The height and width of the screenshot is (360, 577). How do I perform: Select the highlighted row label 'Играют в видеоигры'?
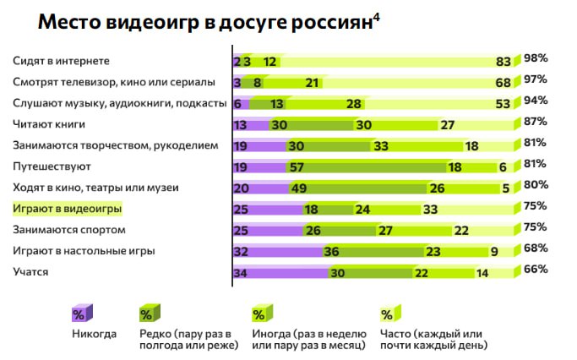pos(68,208)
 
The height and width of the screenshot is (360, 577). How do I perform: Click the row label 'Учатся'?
pos(30,271)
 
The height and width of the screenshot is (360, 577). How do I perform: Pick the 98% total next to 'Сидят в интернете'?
pos(536,58)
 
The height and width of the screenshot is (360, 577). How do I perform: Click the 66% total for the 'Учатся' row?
pos(536,270)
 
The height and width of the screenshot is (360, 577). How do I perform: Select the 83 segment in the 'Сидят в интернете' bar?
pos(504,62)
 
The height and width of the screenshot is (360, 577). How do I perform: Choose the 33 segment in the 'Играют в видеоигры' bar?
pos(431,209)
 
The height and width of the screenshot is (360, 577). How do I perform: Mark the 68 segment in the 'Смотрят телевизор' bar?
pos(504,83)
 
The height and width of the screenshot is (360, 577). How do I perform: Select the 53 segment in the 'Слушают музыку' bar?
pos(504,104)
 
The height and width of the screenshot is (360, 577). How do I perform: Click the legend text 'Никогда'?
pos(95,333)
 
